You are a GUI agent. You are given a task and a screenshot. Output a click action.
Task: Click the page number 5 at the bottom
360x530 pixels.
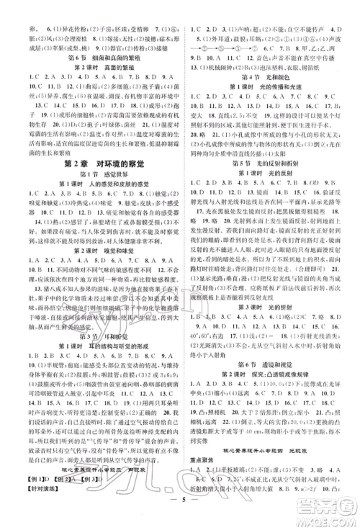click(x=179, y=515)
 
